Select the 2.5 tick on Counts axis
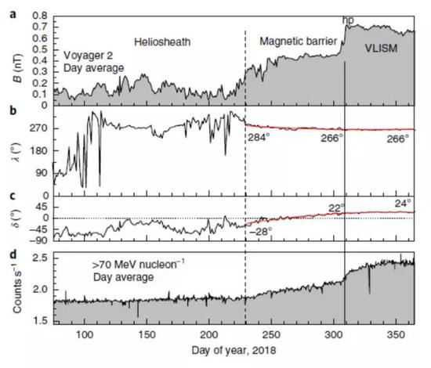coord(40,258)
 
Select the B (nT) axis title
coord(13,60)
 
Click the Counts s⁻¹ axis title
coord(13,287)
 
